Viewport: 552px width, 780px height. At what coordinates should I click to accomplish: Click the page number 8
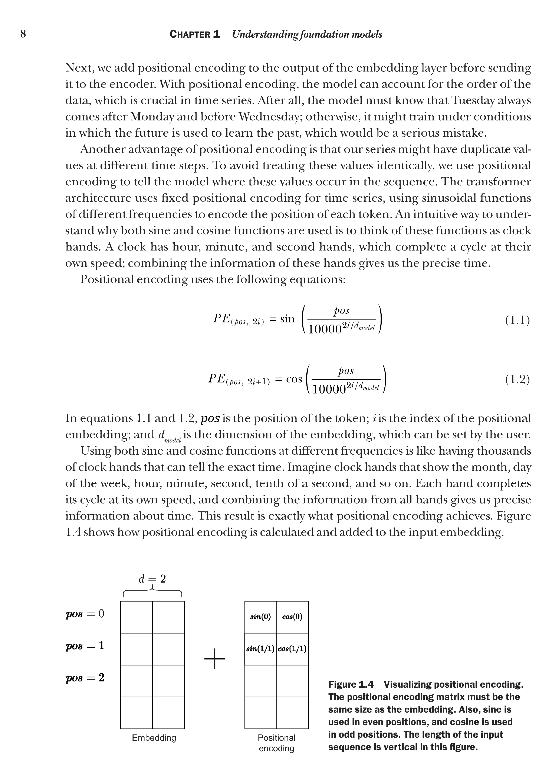[23, 34]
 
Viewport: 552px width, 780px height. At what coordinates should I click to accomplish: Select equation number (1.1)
[517, 320]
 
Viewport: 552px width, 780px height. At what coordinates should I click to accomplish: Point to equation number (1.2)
[517, 379]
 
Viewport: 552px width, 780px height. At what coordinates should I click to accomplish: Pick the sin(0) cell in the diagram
[260, 617]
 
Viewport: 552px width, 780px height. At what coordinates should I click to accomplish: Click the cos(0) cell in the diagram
[292, 617]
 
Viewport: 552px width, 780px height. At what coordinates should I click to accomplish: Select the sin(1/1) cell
[260, 649]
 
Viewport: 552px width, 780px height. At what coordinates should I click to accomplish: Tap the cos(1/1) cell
[292, 649]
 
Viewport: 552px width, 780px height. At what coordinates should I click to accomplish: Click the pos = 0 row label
[85, 614]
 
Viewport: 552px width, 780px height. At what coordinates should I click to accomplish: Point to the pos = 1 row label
[85, 646]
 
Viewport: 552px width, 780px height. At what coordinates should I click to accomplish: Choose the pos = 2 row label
[85, 678]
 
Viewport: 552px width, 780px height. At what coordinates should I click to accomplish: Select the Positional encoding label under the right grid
[276, 743]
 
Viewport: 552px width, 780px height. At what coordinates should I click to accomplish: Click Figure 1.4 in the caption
[351, 684]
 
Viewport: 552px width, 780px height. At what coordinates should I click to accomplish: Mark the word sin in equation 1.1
[287, 319]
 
